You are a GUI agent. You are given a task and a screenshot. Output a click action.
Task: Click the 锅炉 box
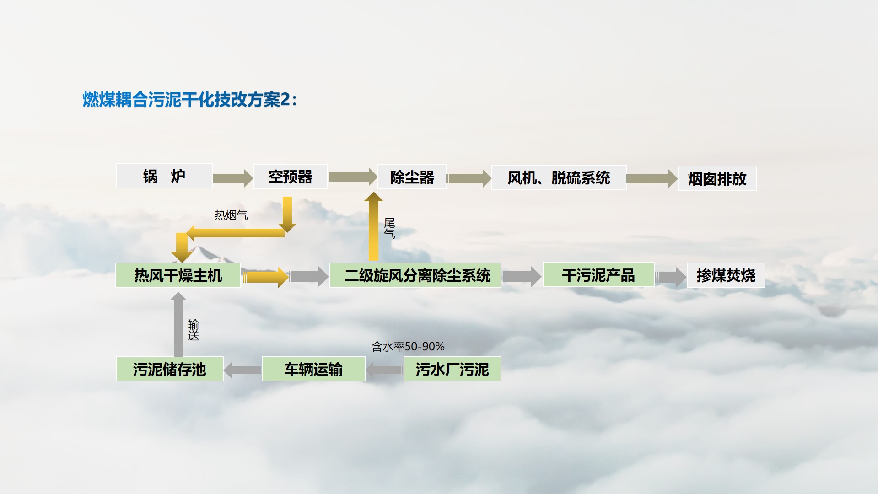pos(164,176)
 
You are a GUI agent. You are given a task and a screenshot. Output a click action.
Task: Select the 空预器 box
pos(291,177)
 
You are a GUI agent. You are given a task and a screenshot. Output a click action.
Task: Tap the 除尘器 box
pos(412,177)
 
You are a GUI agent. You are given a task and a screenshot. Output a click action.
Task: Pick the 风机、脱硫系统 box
pos(559,177)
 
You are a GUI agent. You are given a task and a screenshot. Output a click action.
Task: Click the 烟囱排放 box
pos(717,178)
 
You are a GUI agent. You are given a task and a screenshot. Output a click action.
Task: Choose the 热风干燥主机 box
pos(178,275)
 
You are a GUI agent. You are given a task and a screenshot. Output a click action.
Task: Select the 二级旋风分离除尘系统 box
pos(415,275)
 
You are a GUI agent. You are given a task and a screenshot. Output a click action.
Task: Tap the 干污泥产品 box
pos(598,275)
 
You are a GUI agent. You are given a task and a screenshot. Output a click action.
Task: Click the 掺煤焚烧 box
pos(726,275)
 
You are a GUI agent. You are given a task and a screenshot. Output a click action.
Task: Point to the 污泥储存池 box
pos(170,369)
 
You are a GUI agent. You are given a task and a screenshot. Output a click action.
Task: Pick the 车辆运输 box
pos(313,369)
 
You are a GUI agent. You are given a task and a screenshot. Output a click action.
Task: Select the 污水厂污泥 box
pos(452,369)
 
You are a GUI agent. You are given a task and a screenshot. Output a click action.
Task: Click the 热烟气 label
pos(232,215)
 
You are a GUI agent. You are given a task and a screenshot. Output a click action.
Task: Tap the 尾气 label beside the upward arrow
pos(389,228)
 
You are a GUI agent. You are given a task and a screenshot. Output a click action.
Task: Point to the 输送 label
pos(194,330)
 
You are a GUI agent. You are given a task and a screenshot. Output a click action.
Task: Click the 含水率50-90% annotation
pos(408,347)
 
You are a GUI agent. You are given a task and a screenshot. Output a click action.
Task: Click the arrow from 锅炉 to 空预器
pos(233,178)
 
